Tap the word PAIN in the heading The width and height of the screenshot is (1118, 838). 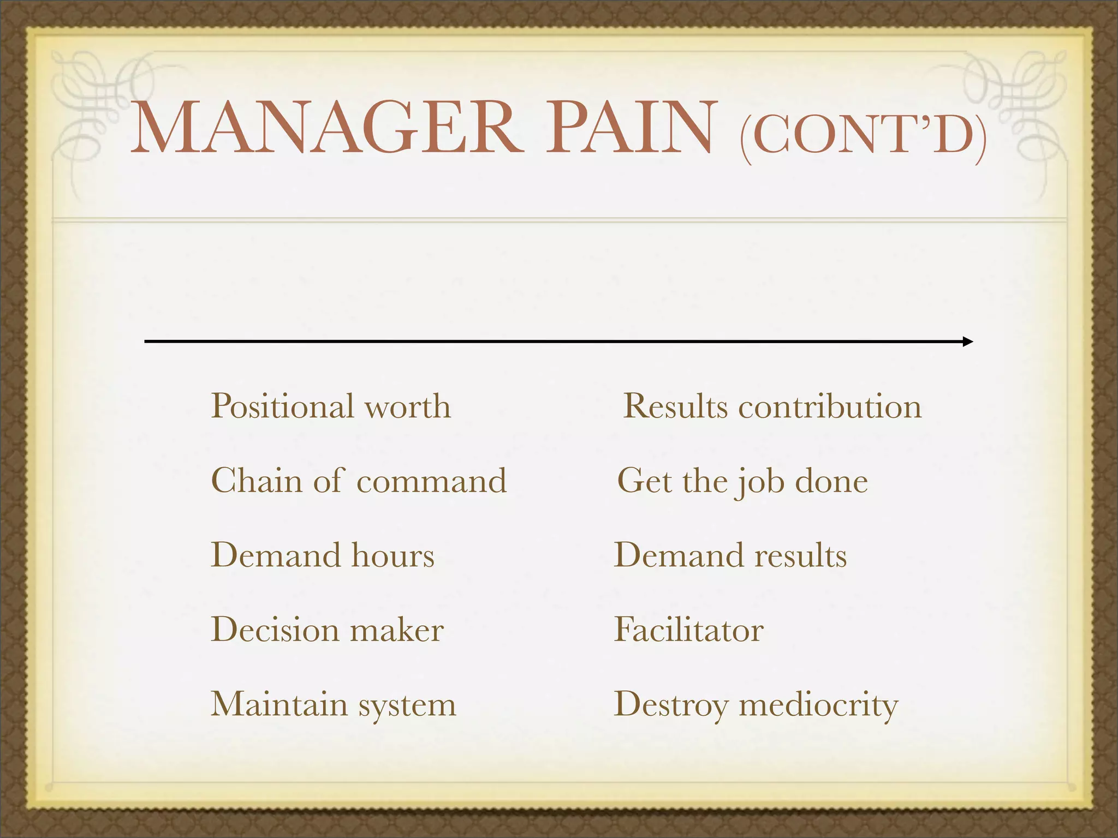(x=631, y=128)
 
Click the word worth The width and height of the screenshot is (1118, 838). (x=408, y=407)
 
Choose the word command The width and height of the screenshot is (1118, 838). (x=431, y=481)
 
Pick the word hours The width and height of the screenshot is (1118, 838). (x=393, y=555)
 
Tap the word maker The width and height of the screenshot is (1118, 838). (x=397, y=630)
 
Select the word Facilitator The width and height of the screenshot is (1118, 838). (x=688, y=630)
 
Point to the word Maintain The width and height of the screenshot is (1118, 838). (x=279, y=704)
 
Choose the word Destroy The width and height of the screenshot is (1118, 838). (x=671, y=705)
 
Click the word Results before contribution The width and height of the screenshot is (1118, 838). (x=675, y=407)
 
